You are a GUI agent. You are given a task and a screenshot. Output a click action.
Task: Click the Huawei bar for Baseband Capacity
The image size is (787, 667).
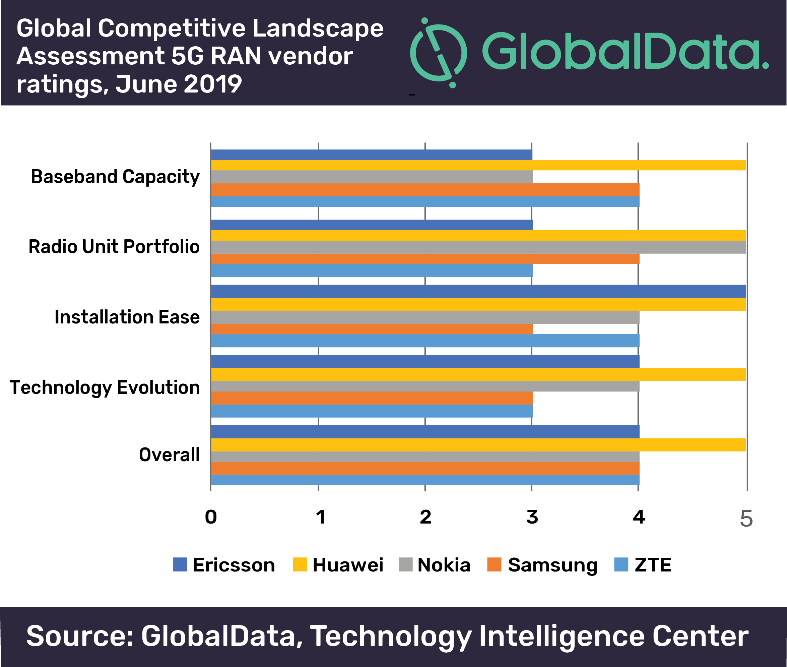(x=478, y=165)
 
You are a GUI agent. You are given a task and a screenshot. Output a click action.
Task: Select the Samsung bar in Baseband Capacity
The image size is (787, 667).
(x=425, y=190)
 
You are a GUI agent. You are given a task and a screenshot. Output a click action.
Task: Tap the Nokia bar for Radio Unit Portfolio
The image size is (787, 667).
(x=478, y=247)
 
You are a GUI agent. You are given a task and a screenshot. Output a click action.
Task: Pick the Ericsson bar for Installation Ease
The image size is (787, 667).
(x=478, y=292)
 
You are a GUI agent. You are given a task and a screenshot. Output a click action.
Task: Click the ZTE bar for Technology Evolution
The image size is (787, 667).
(x=372, y=411)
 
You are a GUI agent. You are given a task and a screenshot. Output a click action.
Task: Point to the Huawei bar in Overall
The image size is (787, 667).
(x=478, y=445)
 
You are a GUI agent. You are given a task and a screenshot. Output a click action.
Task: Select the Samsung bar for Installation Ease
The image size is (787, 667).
(x=372, y=329)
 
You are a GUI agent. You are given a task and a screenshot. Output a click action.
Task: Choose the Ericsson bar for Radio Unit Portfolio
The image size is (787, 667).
(x=372, y=225)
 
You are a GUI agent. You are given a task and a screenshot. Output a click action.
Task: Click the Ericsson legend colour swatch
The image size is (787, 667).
(x=180, y=564)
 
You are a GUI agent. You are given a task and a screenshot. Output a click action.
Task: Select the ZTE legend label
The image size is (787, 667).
(x=653, y=565)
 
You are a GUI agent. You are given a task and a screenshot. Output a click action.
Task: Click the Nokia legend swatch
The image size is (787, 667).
(x=405, y=564)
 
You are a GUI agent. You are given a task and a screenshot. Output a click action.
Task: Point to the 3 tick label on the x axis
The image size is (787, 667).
(x=532, y=517)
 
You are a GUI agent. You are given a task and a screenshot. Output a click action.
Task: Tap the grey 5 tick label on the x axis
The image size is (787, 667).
(x=746, y=519)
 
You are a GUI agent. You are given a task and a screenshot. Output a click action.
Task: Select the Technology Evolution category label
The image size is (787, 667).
(x=105, y=387)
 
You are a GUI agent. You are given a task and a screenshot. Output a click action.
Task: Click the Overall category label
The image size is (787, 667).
(x=169, y=455)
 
